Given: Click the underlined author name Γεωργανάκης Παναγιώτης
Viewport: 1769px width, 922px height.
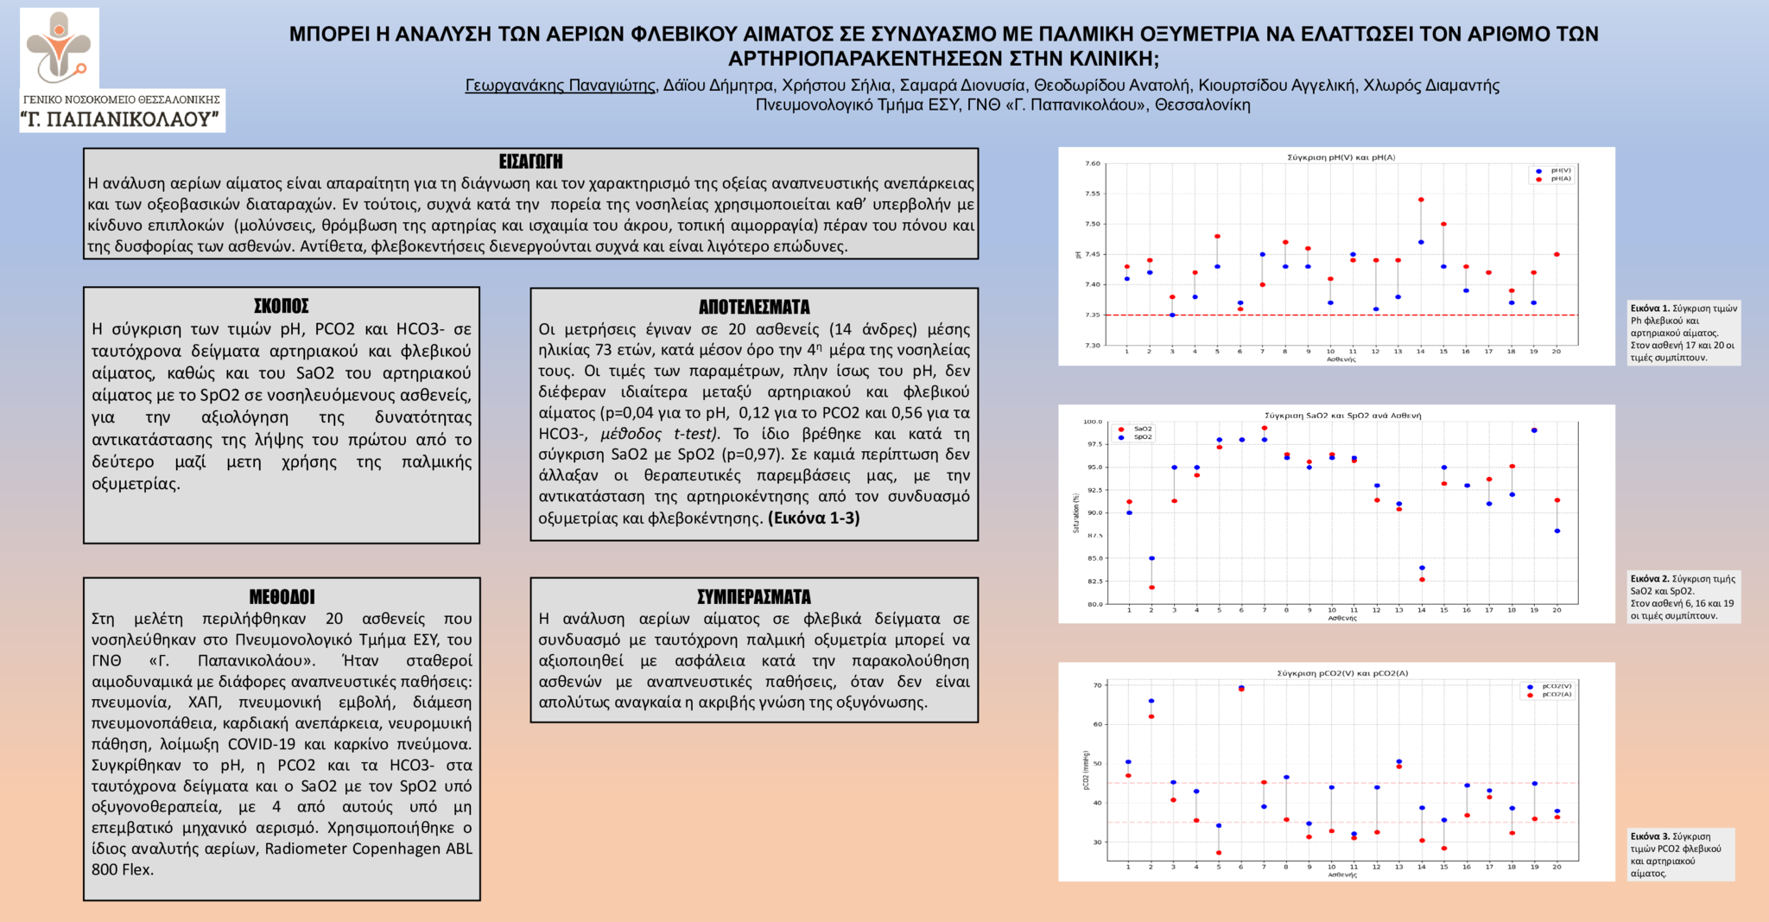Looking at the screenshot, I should [560, 86].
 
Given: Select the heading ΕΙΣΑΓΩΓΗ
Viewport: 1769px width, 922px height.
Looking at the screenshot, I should [530, 162].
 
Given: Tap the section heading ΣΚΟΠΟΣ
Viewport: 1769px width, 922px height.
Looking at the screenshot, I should [281, 306].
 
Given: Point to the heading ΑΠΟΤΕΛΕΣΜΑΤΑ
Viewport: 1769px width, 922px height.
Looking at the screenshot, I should [754, 307].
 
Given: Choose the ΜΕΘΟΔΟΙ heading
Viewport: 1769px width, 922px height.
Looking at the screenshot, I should [282, 597].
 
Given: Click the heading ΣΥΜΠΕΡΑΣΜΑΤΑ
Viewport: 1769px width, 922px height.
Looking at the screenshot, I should [754, 597].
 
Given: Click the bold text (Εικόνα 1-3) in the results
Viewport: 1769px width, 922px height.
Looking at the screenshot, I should [814, 518].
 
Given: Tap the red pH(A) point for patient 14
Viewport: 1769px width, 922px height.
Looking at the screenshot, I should [1421, 200].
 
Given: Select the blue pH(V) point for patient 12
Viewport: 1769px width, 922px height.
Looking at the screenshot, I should [1376, 309].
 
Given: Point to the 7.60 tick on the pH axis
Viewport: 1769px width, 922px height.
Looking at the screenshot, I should [1093, 163].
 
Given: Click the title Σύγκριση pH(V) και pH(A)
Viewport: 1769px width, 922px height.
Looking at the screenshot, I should [1341, 157].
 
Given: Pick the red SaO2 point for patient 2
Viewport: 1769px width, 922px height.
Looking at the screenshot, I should [1151, 588].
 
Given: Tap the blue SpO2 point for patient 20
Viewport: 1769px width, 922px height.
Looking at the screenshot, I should [1557, 531].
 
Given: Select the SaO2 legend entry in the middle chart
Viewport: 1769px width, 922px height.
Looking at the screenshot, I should [1136, 429].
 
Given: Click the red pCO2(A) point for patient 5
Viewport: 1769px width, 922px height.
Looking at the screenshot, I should [1219, 853].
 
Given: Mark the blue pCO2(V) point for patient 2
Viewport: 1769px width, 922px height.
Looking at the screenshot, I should [1151, 701].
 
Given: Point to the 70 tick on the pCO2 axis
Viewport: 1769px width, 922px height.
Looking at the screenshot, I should [1098, 685].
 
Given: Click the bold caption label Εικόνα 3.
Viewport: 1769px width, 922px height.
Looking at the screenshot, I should [1649, 836].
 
